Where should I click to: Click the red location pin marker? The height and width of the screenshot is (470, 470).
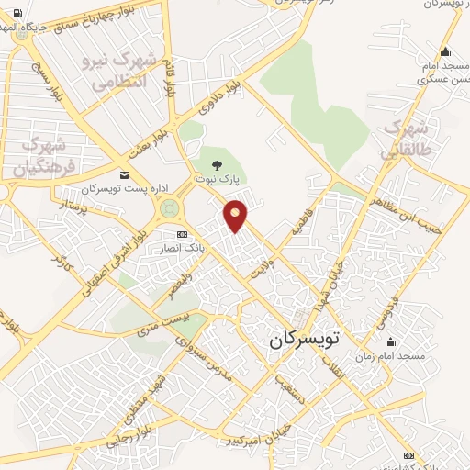coord(238,215)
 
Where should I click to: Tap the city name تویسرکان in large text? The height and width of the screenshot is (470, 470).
coord(304,339)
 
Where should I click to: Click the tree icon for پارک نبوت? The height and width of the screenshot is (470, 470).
coord(217,165)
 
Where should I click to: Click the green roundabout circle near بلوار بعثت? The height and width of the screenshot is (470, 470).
coord(168,209)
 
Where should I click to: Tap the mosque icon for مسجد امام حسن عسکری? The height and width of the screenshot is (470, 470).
coord(446,51)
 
